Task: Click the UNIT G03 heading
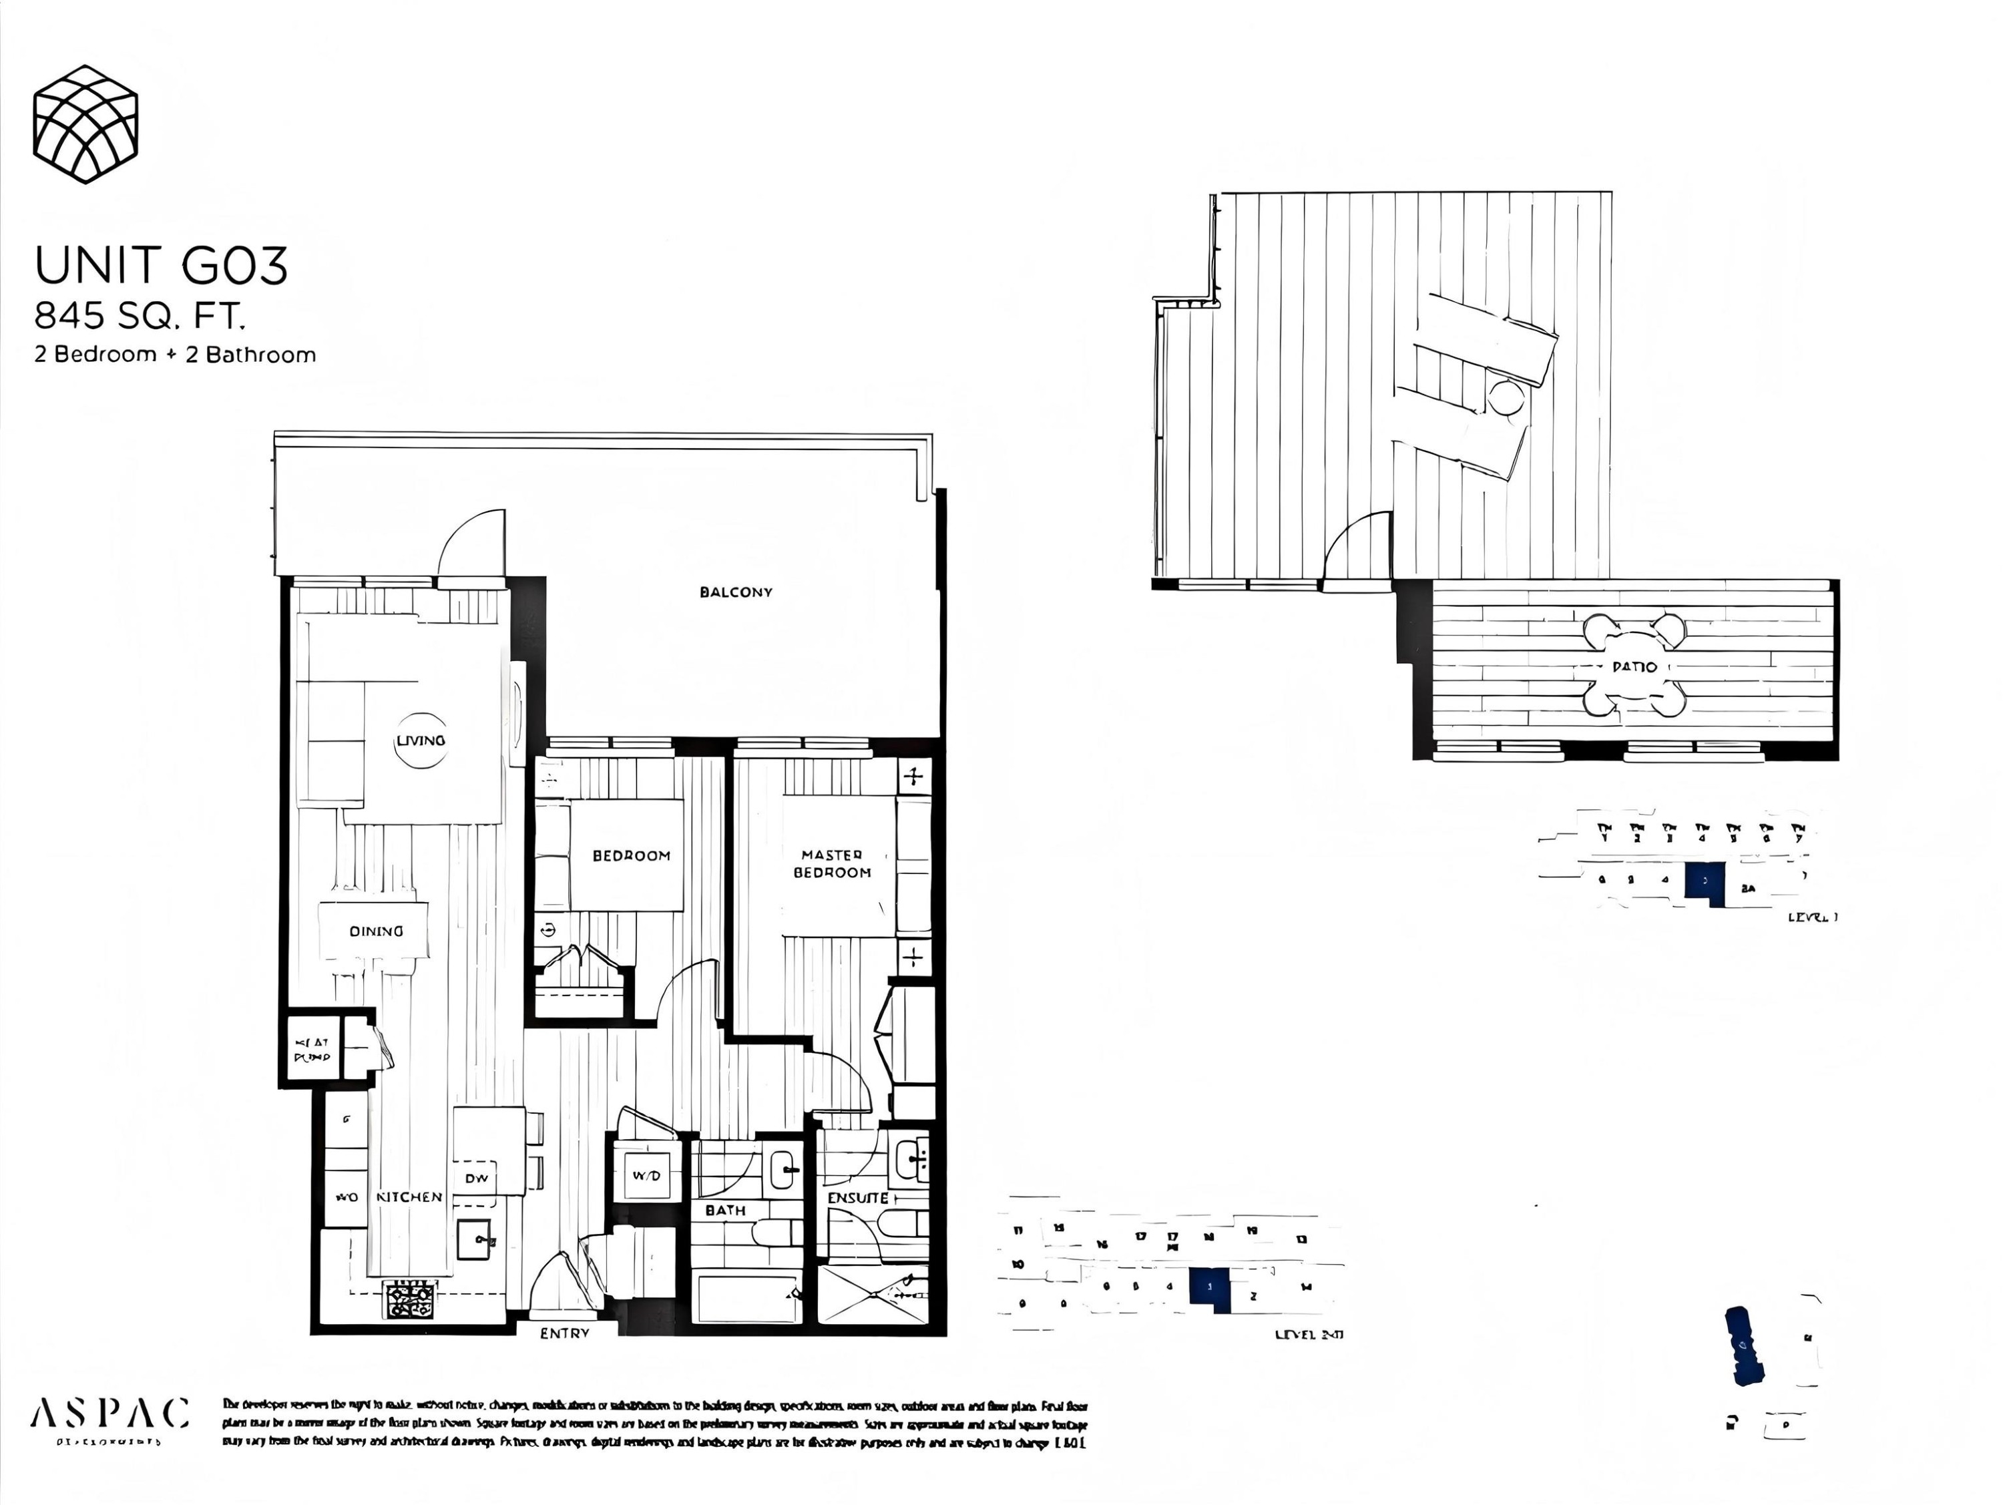tap(161, 265)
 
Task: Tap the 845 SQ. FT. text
tap(140, 316)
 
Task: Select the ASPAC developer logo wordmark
tap(109, 1414)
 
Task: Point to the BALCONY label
tap(735, 592)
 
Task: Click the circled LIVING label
tap(420, 740)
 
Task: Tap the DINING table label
tap(376, 931)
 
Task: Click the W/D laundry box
tap(646, 1175)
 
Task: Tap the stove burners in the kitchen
tap(410, 1300)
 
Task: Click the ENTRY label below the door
tap(564, 1333)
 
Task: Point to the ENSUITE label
tap(857, 1197)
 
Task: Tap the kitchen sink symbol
tap(475, 1240)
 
